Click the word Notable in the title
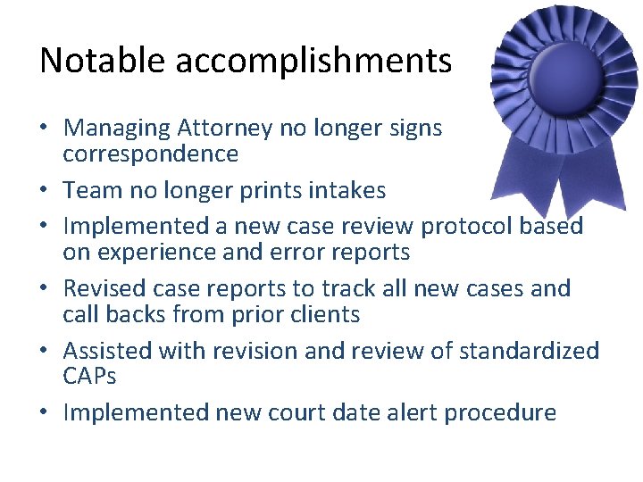pos(103,61)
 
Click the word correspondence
pos(150,154)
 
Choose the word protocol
pos(474,227)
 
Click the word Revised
pos(108,288)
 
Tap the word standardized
pos(529,350)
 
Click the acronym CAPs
pos(90,376)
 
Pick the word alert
pos(433,412)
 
